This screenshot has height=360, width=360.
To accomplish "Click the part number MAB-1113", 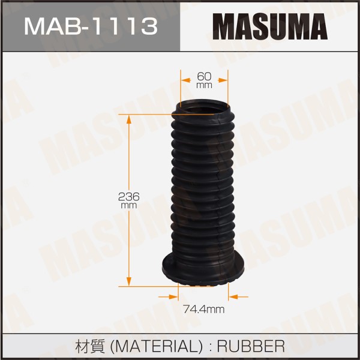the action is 91,26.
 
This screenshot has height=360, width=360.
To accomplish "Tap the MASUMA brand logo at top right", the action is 270,26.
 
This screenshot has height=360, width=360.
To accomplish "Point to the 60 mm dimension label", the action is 204,80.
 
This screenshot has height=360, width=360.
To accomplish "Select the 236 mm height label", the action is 129,200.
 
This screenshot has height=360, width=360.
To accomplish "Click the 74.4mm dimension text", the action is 203,310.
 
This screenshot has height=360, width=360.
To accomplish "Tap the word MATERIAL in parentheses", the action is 156,346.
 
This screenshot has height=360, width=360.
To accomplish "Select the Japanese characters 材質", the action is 90,346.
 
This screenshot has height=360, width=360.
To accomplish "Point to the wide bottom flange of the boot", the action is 203,271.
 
